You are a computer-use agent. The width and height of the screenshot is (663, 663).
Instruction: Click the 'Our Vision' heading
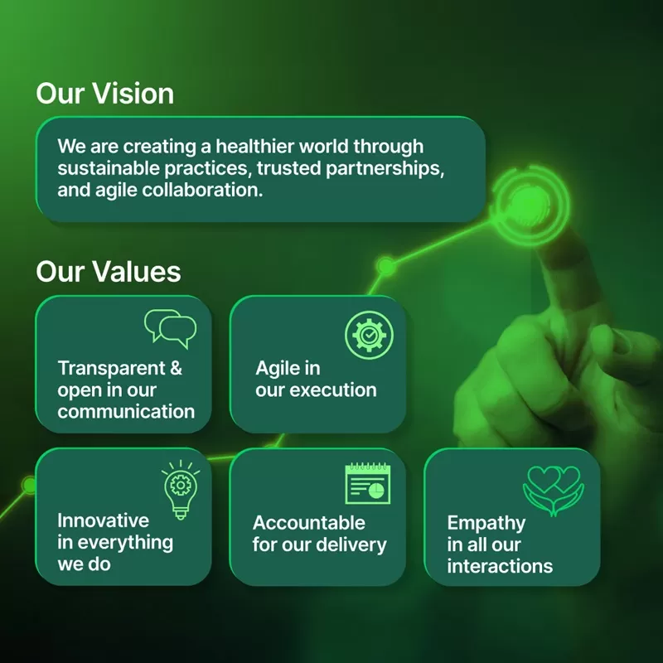tap(104, 93)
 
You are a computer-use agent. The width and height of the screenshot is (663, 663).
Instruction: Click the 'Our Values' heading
tap(108, 272)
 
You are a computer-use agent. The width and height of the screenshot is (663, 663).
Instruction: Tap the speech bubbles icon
tap(170, 327)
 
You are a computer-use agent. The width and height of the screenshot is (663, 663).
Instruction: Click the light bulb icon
tap(180, 489)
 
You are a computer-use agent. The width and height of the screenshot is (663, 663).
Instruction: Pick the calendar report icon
tap(367, 485)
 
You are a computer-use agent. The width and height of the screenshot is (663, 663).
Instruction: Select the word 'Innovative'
tap(104, 520)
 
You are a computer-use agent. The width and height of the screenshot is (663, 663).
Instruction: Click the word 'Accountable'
tap(309, 523)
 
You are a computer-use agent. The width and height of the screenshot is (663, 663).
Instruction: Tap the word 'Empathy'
tap(486, 523)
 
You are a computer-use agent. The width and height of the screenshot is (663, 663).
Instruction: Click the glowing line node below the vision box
tap(386, 266)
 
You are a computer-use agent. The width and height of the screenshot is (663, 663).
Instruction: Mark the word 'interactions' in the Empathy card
tap(500, 567)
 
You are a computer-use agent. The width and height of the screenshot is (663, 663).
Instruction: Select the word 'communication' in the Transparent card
tap(126, 411)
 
